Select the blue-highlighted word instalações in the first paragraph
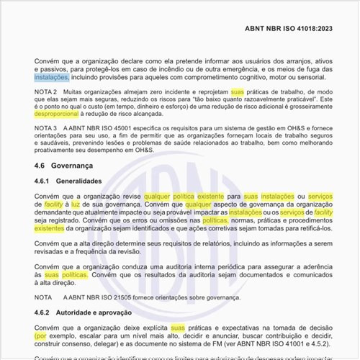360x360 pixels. [x=52, y=76]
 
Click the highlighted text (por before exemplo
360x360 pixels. [x=41, y=336]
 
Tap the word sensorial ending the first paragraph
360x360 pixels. [x=310, y=76]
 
